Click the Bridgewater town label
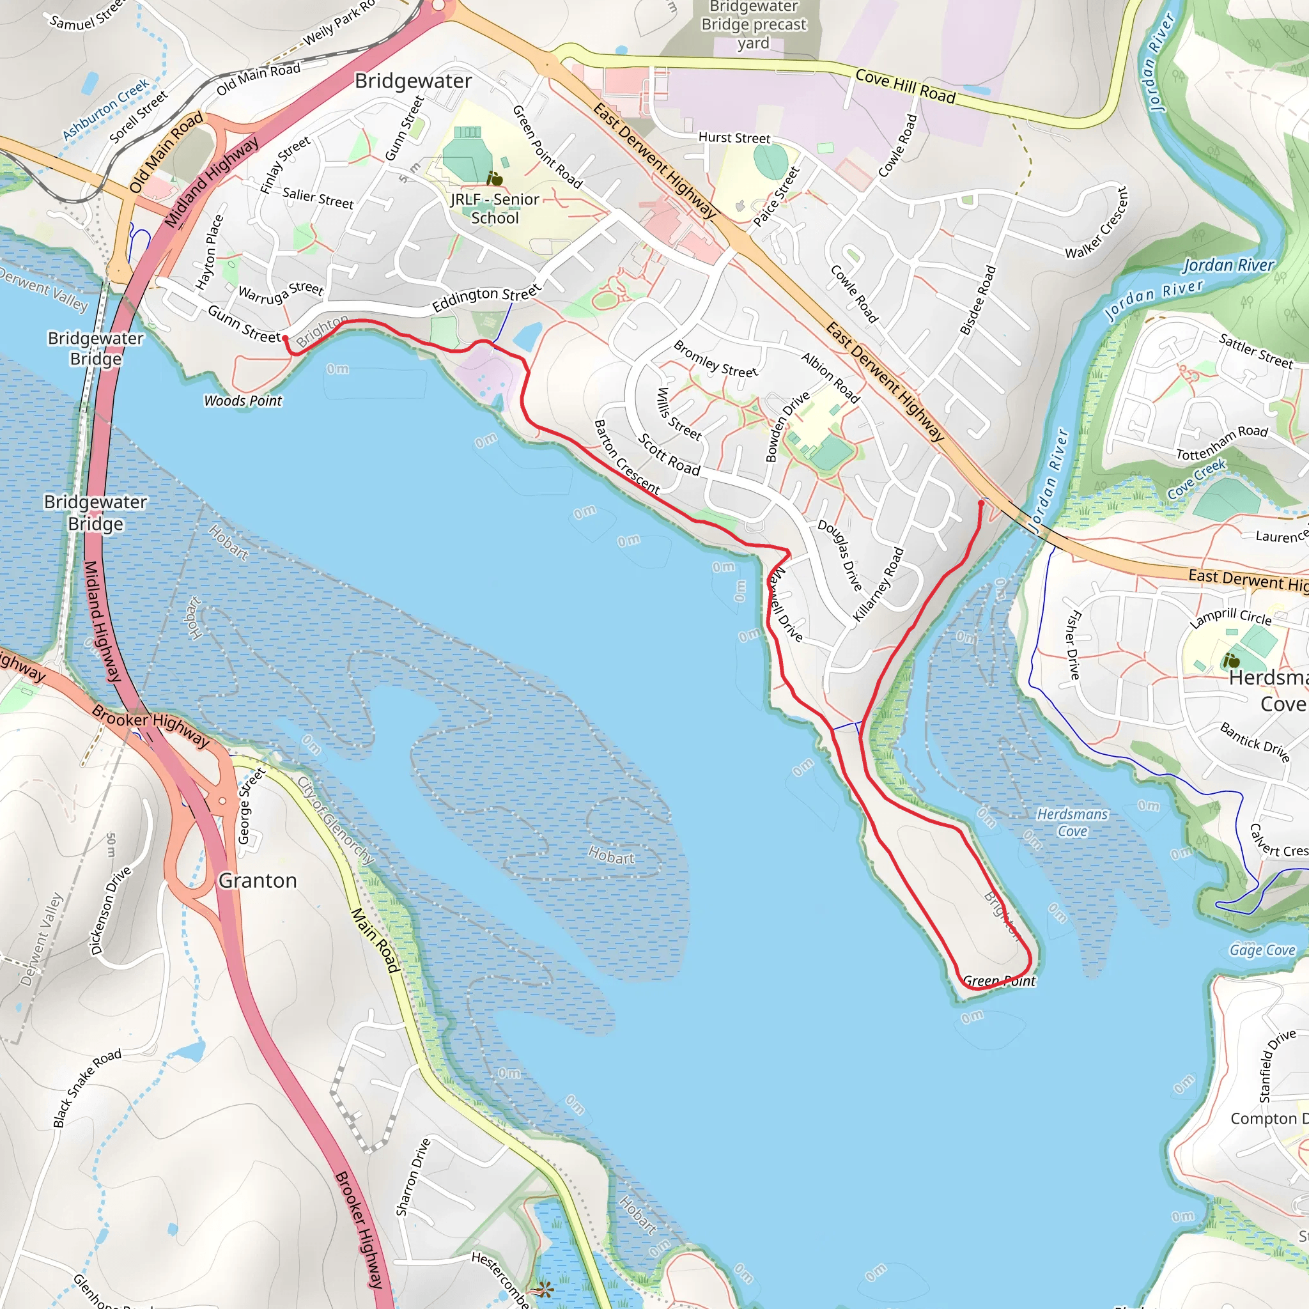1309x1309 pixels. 414,81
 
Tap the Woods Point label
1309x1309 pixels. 242,400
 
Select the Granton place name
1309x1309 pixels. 258,880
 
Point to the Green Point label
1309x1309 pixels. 999,980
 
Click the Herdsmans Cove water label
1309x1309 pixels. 1073,823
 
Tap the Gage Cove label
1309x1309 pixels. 1262,950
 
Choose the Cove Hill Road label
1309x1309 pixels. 905,86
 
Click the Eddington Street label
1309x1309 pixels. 486,297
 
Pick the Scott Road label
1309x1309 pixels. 669,454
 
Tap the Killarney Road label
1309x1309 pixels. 878,584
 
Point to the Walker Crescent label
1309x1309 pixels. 1096,223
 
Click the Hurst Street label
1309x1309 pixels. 734,137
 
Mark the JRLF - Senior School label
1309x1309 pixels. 495,208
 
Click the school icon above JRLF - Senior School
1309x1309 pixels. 495,179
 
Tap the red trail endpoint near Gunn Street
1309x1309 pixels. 285,337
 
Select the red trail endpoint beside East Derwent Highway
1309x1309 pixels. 981,504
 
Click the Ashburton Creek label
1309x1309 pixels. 105,109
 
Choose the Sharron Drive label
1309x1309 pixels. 413,1177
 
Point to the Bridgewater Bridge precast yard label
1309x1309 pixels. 754,25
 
